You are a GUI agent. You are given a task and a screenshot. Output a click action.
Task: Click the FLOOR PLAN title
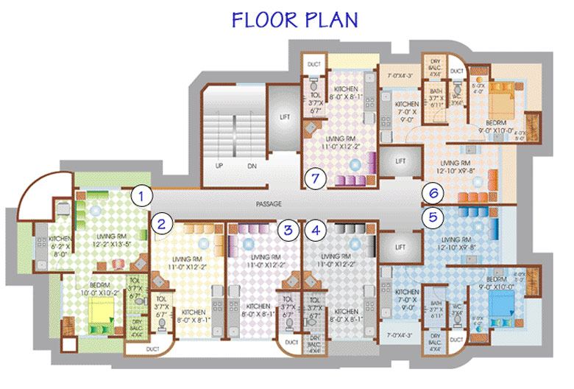[294, 20]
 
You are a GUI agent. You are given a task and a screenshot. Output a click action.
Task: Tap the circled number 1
[141, 195]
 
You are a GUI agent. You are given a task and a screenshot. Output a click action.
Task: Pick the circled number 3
[288, 229]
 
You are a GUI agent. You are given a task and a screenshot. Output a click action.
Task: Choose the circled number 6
[433, 193]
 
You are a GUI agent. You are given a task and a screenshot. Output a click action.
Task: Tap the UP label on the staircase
[219, 166]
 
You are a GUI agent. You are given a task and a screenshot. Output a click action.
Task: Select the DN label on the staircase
[251, 166]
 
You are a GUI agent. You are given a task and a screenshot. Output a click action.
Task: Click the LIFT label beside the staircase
[285, 116]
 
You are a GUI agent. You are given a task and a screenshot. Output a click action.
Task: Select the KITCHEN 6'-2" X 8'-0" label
[60, 244]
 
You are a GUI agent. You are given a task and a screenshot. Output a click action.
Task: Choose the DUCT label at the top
[314, 65]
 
